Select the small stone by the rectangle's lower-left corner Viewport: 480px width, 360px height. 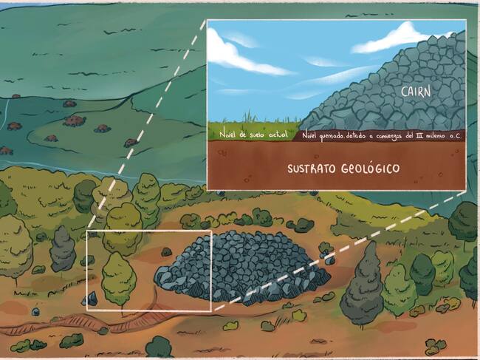click(x=92, y=299)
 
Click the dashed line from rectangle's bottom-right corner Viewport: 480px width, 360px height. click(x=332, y=251)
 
